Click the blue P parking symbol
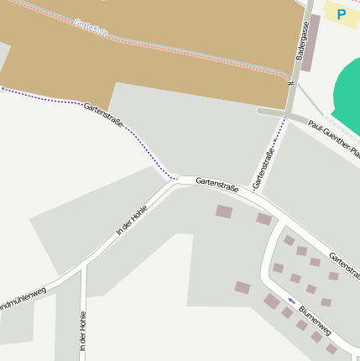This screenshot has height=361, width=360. click(x=342, y=14)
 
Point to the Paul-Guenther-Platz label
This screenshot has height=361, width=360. click(x=335, y=139)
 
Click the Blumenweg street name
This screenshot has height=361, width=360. click(x=315, y=320)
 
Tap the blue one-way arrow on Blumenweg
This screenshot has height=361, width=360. click(x=291, y=300)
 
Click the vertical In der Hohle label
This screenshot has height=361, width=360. click(x=82, y=331)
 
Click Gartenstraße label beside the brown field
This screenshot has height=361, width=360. click(x=104, y=114)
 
